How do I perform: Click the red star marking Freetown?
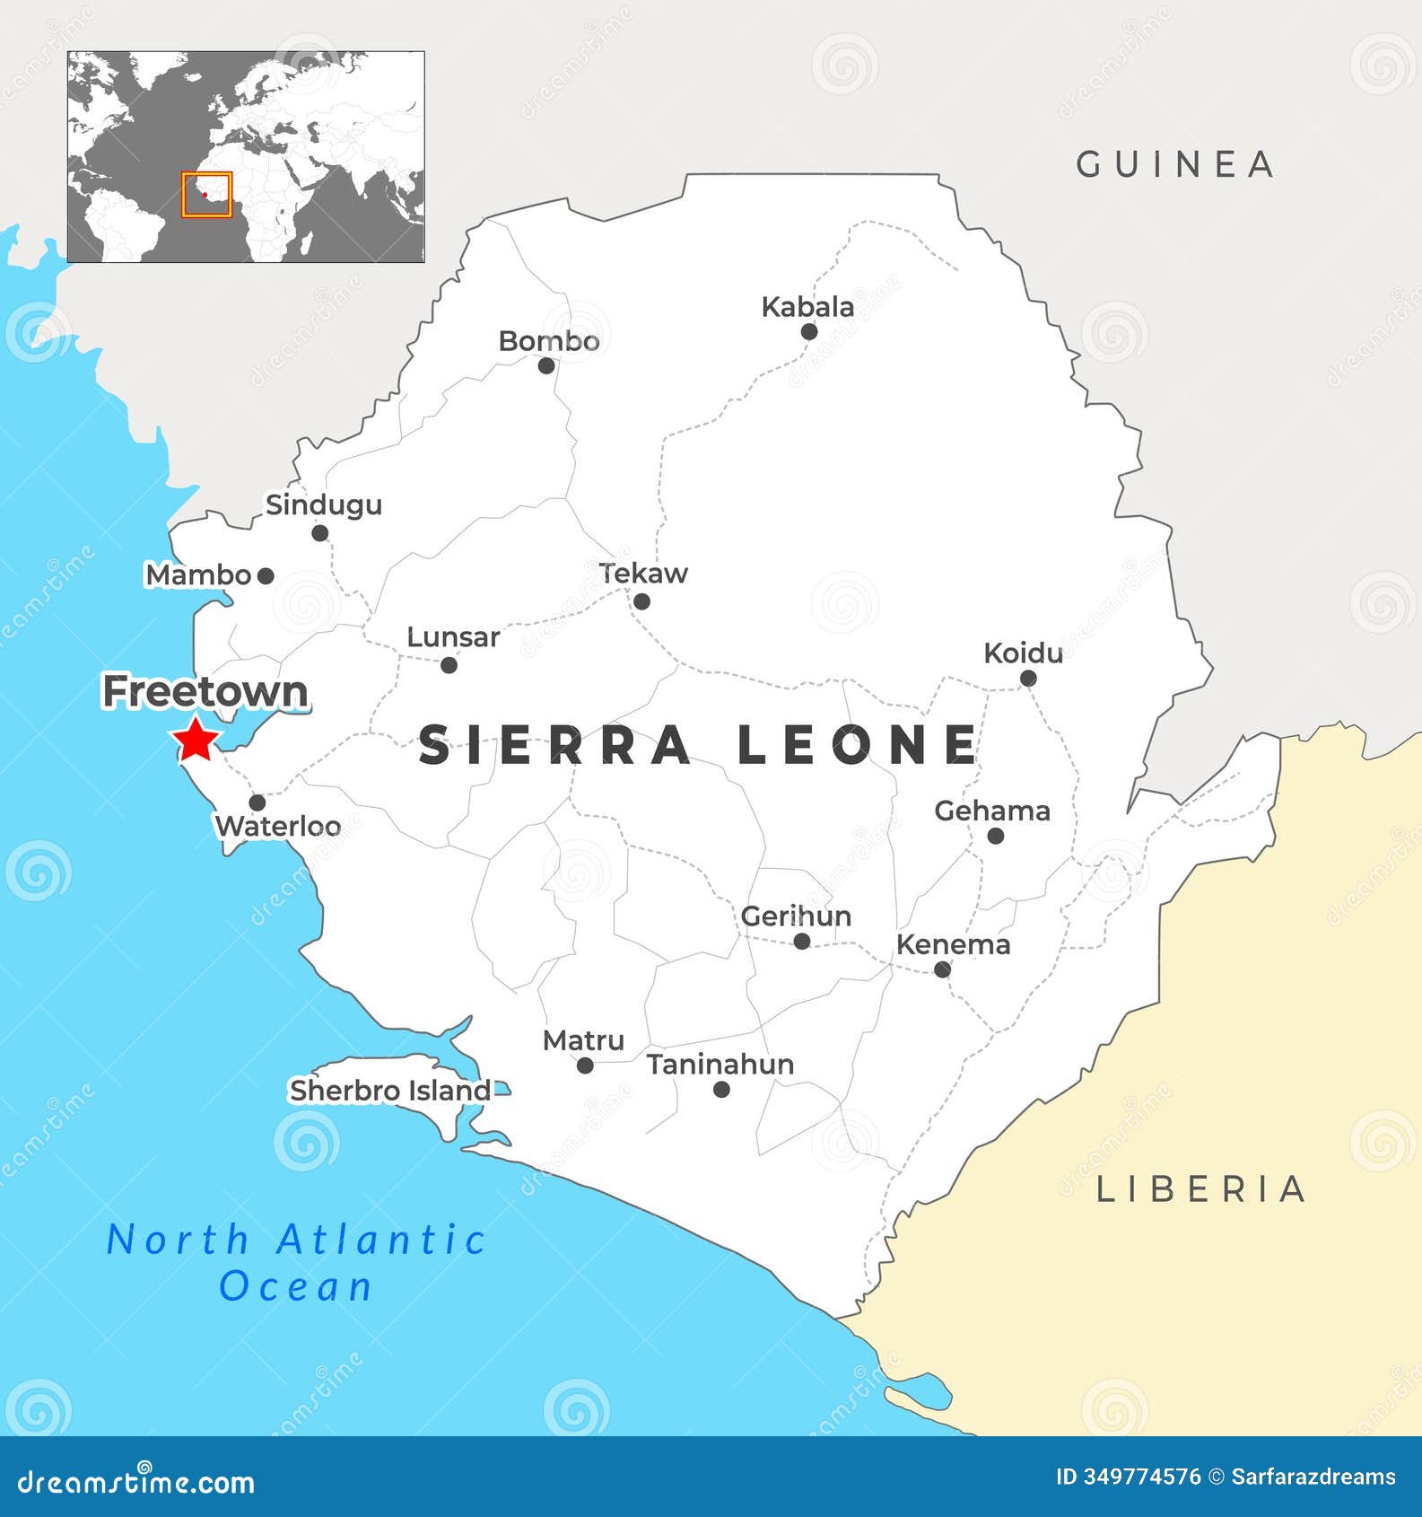(196, 741)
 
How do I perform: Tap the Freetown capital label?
(205, 692)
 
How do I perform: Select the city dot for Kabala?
(808, 331)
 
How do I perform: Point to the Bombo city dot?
(546, 365)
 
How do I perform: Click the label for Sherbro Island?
(389, 1091)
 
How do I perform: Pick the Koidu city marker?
(1028, 679)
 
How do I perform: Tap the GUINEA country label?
(1175, 164)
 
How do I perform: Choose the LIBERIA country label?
(1201, 1189)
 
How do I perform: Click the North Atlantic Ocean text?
(296, 1262)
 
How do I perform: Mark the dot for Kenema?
(942, 969)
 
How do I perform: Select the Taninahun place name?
(720, 1065)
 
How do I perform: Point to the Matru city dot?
(585, 1065)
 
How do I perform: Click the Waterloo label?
(278, 826)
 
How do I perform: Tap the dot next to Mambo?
(266, 576)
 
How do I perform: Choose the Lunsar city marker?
(449, 665)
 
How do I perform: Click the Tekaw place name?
(643, 574)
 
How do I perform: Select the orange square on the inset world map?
(206, 195)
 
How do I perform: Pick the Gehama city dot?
(995, 836)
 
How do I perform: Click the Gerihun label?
(796, 916)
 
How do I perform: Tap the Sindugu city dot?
(319, 533)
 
